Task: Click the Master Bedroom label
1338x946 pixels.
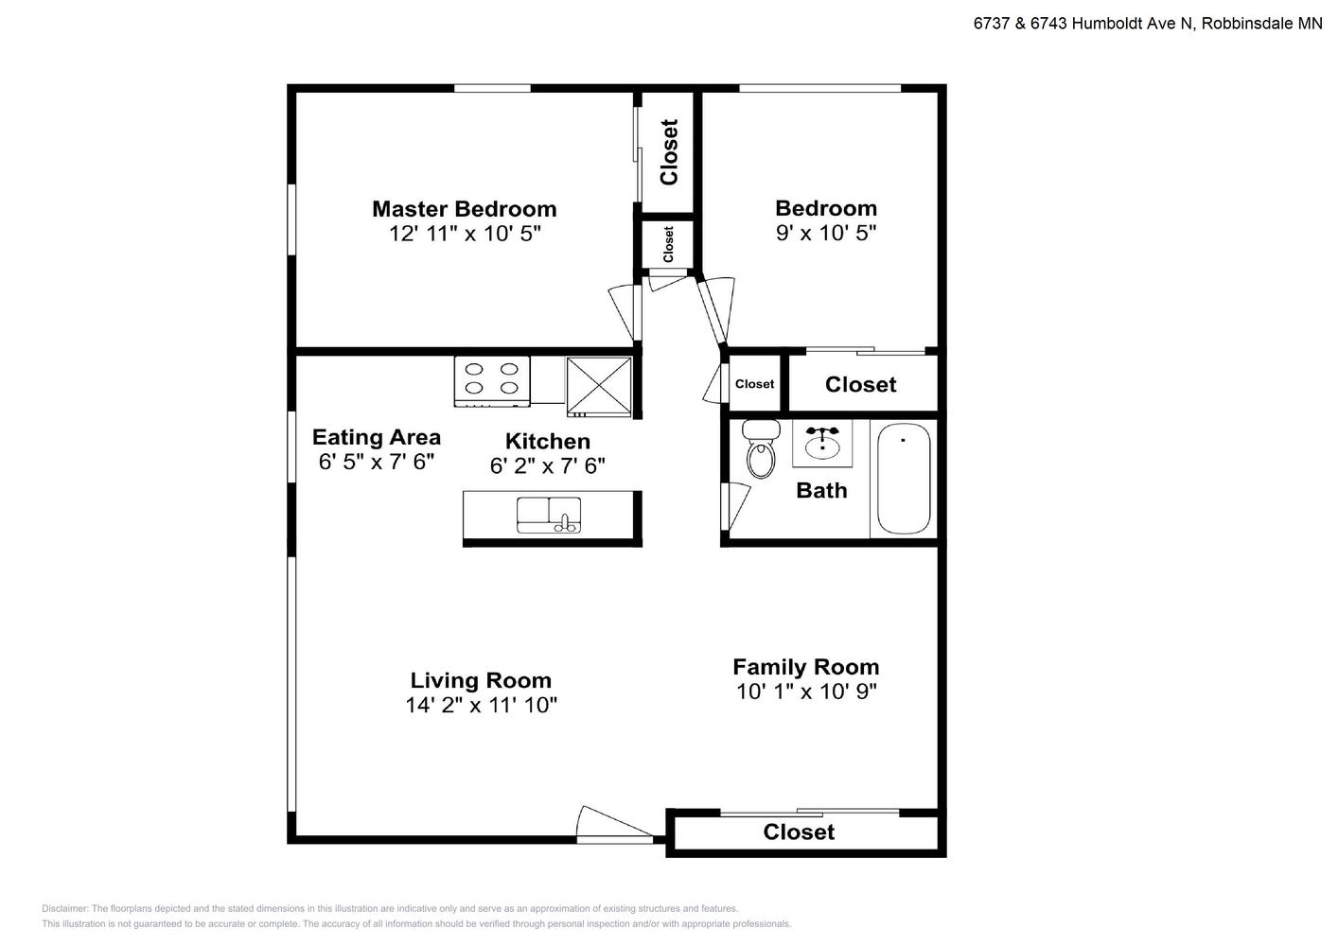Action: click(464, 209)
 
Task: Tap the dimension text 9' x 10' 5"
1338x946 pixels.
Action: click(825, 233)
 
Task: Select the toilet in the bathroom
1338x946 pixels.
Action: click(761, 448)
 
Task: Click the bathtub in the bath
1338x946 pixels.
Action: click(903, 479)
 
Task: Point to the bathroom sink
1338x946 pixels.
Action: click(822, 443)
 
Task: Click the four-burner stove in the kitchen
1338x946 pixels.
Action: click(492, 381)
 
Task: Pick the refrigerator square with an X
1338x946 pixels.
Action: click(599, 386)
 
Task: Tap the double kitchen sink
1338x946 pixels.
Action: click(548, 515)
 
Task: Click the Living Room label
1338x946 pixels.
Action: click(481, 680)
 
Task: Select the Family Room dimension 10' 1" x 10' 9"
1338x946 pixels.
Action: click(806, 692)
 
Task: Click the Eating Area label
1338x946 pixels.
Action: click(377, 437)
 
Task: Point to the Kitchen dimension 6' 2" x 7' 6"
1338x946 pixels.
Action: click(547, 465)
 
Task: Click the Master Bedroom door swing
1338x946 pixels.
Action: click(625, 311)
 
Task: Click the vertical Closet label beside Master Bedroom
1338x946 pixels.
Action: click(669, 152)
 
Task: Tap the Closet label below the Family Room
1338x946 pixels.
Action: click(799, 832)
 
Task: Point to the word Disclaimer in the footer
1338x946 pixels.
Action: click(64, 908)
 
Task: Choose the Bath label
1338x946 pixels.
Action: click(821, 490)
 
